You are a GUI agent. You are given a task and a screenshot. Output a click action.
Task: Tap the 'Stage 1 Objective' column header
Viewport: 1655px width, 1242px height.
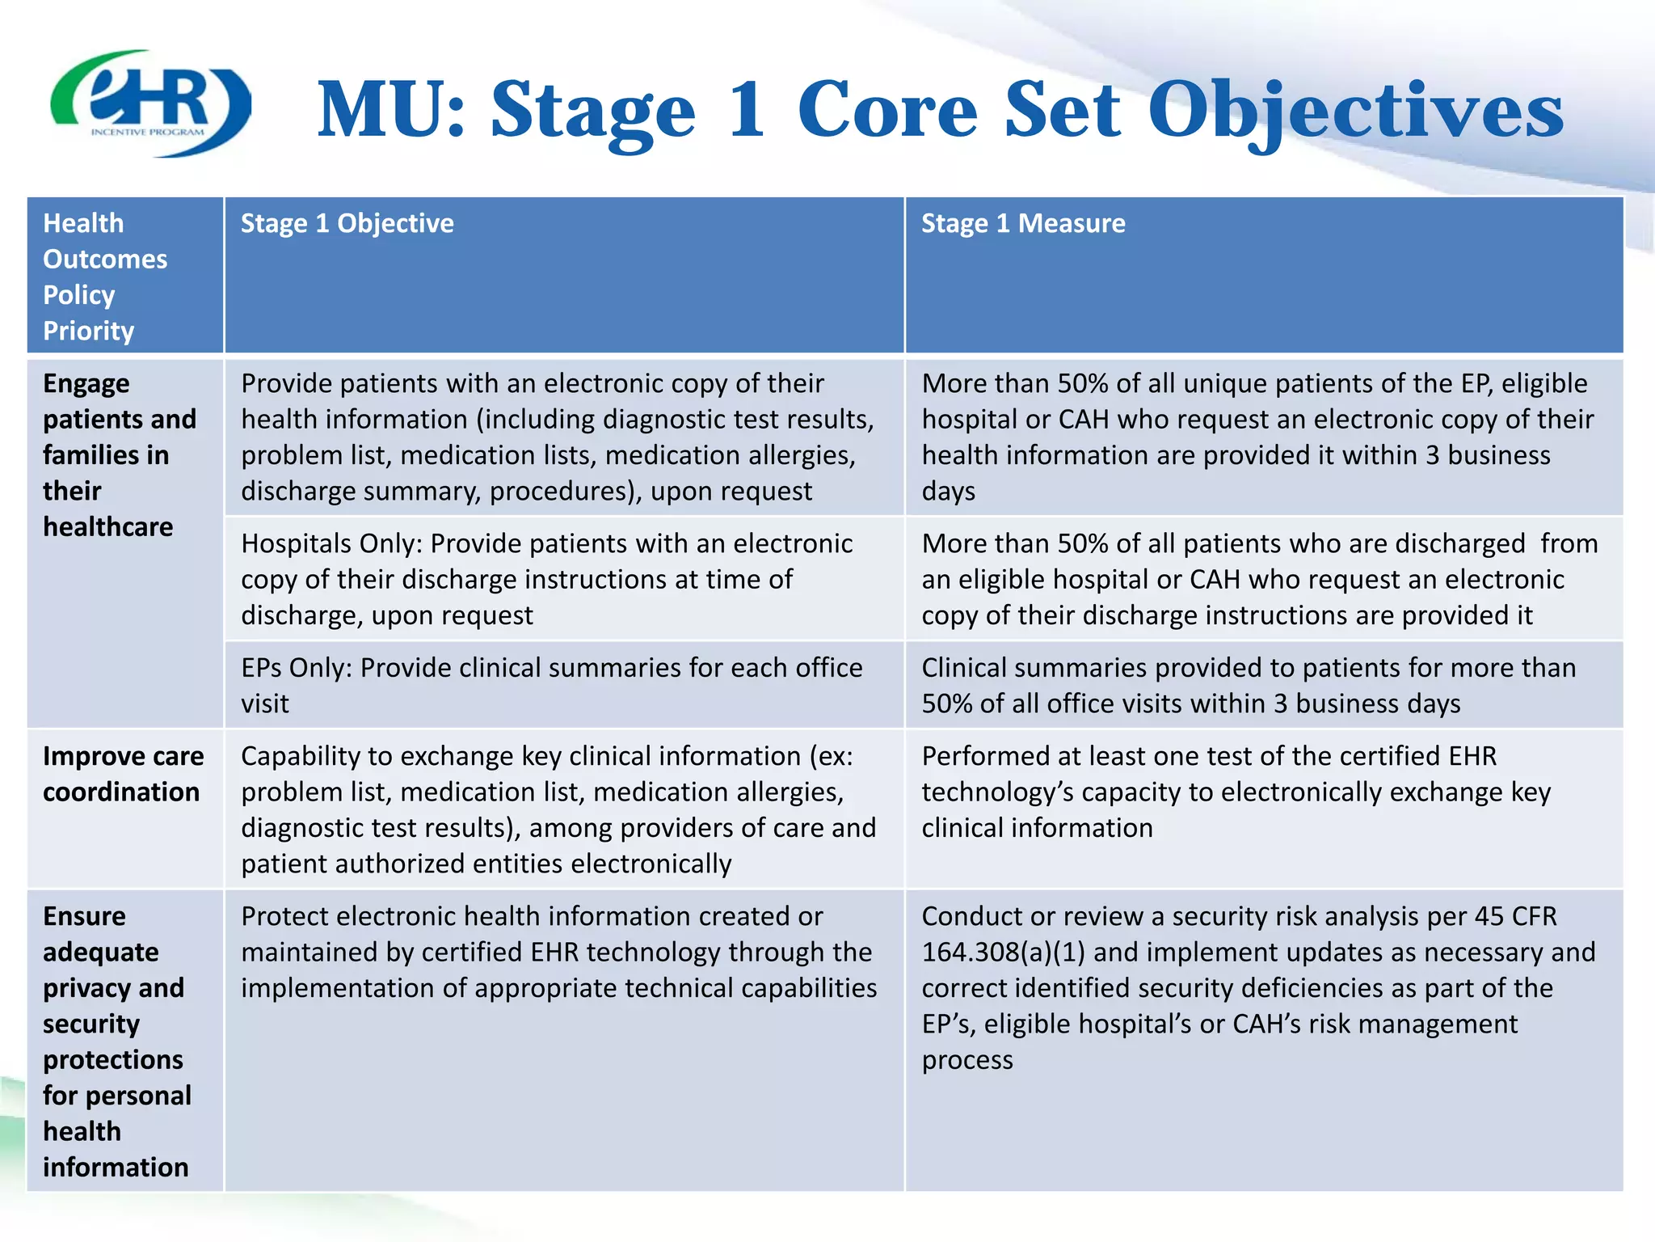click(347, 223)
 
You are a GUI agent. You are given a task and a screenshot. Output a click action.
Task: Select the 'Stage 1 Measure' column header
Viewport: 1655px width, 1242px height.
click(1022, 223)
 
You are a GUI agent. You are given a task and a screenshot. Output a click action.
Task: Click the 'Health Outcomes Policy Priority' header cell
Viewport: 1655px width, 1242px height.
click(105, 276)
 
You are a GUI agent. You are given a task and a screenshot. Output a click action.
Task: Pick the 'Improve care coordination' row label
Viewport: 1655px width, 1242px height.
click(122, 774)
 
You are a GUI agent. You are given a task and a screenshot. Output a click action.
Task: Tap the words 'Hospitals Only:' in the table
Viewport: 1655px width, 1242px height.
click(331, 543)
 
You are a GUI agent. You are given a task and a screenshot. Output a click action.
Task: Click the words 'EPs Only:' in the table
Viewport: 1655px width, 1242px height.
click(296, 668)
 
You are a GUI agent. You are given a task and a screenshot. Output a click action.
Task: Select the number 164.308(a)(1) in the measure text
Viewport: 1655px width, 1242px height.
click(1003, 953)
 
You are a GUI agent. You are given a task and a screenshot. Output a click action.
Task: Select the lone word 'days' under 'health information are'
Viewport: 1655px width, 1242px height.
click(948, 492)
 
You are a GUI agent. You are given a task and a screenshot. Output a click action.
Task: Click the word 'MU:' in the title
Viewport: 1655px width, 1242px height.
click(390, 111)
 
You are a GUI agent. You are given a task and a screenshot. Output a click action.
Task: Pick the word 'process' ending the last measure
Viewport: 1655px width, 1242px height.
click(966, 1060)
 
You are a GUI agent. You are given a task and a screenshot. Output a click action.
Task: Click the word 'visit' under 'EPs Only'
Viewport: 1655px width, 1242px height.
click(264, 704)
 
